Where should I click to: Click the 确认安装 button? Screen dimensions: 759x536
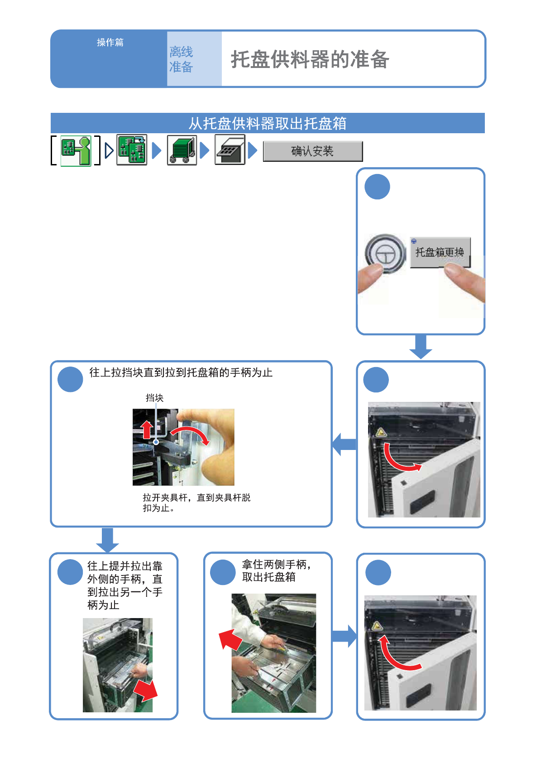(312, 151)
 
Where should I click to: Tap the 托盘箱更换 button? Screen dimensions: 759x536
(440, 252)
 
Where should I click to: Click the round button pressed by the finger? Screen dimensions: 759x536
(385, 254)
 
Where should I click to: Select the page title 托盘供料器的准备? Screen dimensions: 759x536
(310, 59)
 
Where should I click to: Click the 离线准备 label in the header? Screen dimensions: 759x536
(181, 59)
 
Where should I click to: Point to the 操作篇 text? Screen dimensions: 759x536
(110, 43)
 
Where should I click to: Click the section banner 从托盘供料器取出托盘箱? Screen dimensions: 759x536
(268, 123)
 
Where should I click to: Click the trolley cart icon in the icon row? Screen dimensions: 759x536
(182, 150)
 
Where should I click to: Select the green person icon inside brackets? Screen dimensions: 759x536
(76, 150)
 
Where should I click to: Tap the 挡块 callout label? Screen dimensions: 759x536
(154, 398)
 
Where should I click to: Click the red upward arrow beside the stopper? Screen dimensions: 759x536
(147, 429)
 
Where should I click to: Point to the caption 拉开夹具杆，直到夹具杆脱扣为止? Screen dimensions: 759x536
(196, 503)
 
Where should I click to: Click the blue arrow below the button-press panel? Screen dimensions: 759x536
(421, 347)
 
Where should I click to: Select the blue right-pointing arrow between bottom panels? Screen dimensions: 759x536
(345, 636)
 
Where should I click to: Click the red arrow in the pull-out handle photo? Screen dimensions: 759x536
(146, 691)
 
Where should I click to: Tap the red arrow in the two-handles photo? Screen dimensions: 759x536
(230, 639)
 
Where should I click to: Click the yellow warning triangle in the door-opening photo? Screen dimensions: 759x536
(381, 432)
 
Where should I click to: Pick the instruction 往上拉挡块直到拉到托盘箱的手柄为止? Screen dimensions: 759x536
(181, 372)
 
